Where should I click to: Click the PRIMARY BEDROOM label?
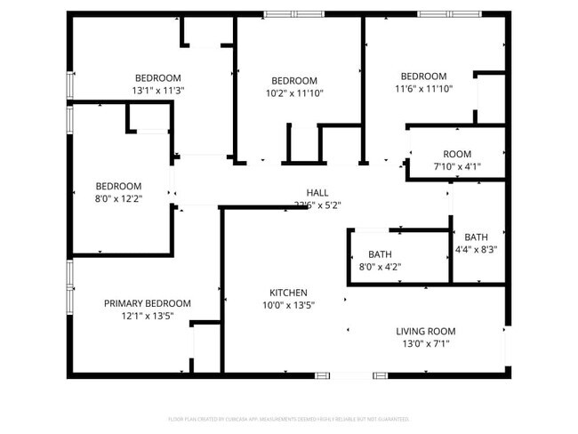coord(147,303)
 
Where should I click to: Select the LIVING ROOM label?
coord(425,332)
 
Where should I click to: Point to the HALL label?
coord(317,193)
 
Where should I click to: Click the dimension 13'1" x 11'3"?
coord(158,91)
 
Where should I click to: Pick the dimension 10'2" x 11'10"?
coord(294,92)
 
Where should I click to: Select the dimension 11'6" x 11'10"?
coord(423,89)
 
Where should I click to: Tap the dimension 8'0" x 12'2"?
coord(118,199)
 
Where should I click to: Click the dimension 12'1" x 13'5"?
coord(147,316)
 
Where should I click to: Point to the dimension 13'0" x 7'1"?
coord(425,344)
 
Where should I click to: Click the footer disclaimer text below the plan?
coord(288,419)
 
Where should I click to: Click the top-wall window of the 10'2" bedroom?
coord(293,14)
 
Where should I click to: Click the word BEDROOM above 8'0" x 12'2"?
coord(118,187)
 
